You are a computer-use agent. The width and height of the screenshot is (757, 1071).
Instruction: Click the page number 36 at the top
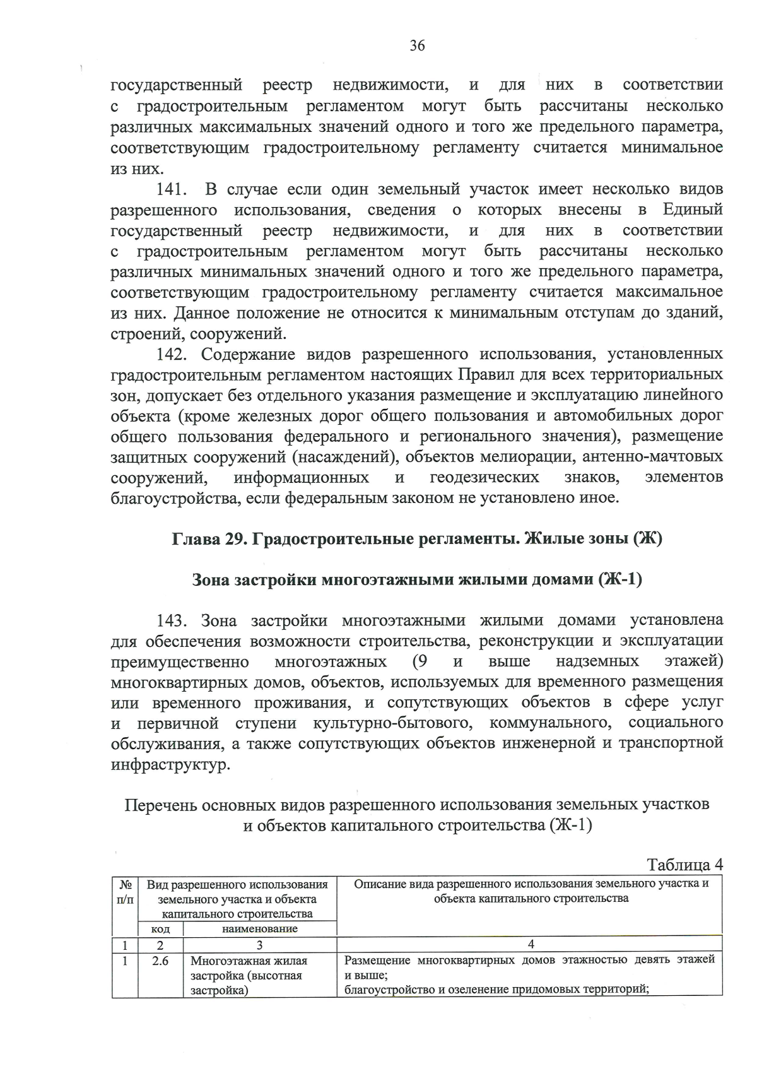(417, 45)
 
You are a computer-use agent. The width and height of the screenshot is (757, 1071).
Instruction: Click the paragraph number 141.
(170, 189)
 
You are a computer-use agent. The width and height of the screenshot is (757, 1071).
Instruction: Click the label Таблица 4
(684, 865)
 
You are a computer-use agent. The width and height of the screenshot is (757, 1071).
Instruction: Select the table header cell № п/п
(125, 892)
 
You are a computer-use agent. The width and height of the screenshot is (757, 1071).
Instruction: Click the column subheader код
(160, 929)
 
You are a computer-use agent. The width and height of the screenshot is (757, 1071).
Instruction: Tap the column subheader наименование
(259, 929)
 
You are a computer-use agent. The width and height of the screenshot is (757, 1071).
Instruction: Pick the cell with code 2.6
(160, 961)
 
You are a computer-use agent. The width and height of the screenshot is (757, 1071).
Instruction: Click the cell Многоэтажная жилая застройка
(249, 975)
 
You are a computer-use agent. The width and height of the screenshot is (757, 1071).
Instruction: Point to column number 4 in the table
(530, 945)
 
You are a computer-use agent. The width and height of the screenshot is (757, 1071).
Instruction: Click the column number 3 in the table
(259, 945)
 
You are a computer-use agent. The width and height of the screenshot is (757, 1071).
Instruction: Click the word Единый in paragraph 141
(693, 210)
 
